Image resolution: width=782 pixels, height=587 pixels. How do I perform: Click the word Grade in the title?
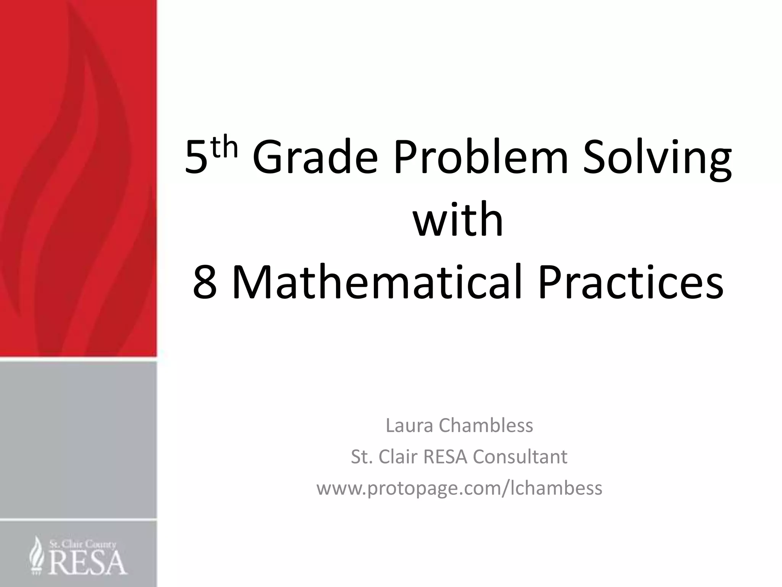point(315,157)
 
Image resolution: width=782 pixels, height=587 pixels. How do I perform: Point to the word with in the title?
point(458,220)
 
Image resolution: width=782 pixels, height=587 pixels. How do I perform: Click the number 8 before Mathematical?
point(205,283)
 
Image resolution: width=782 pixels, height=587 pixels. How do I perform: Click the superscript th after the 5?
point(225,148)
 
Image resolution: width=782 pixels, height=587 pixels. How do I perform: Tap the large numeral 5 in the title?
point(196,157)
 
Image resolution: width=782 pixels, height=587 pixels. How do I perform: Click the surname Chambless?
point(486,425)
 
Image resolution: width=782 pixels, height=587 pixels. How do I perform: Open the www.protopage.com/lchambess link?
point(459,488)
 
